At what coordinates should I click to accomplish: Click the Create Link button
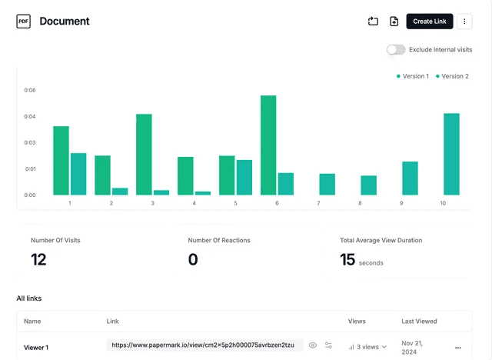point(429,22)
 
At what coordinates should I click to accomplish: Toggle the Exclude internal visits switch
point(396,49)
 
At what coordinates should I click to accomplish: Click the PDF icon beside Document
point(24,22)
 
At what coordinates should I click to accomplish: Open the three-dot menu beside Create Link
point(464,22)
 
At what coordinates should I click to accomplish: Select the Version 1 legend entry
point(413,76)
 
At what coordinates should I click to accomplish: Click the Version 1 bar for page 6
point(268,145)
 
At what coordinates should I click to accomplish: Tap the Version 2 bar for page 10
point(451,154)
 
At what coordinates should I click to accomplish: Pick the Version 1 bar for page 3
point(144,154)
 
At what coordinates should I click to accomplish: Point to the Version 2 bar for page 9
point(410,178)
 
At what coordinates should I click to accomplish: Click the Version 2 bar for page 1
point(78,174)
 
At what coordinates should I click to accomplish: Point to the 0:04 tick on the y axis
point(30,116)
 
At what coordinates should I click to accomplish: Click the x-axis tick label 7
point(318,203)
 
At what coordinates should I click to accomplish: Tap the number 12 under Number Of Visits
point(38,260)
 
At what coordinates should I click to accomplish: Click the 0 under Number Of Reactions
point(193,260)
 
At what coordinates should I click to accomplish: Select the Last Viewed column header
point(419,321)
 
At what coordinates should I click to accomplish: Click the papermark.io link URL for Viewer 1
point(203,345)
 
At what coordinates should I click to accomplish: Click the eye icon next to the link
point(313,345)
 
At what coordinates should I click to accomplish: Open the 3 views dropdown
point(367,347)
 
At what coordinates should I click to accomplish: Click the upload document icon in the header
point(394,22)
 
